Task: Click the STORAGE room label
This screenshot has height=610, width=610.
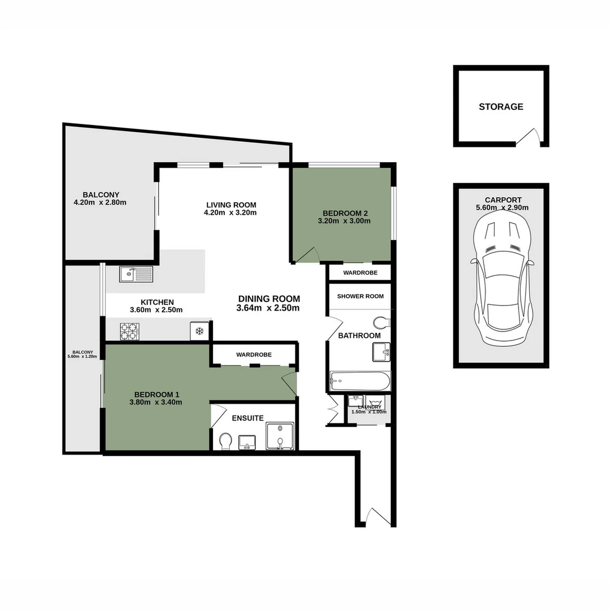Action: (501, 107)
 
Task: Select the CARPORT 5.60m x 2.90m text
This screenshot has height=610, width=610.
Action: (503, 203)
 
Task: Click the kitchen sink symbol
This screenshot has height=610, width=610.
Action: (136, 274)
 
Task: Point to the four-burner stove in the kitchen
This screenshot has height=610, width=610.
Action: (129, 330)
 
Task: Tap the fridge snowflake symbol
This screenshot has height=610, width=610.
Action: (199, 331)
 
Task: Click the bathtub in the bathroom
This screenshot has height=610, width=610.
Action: (360, 381)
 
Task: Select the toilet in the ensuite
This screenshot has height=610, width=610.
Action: (225, 441)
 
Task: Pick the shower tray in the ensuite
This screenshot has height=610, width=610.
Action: (280, 437)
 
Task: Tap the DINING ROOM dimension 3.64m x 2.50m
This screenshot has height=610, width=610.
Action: (269, 308)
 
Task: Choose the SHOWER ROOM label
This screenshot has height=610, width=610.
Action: (360, 296)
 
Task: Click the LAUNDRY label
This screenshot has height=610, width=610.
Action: (369, 406)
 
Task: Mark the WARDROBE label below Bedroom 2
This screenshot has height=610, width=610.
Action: (360, 273)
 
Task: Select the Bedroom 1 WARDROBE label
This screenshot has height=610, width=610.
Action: (254, 355)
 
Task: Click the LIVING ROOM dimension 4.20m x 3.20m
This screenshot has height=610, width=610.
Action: (232, 213)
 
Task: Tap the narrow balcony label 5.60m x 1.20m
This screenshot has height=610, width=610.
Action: (82, 356)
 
